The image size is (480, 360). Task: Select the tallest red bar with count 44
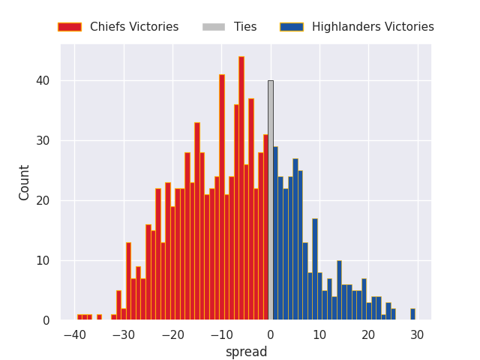241,188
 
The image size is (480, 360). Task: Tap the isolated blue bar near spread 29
412,314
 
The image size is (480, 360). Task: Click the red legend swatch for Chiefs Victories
69,27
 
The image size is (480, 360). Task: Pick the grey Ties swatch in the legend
213,27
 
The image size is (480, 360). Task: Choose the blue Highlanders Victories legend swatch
291,27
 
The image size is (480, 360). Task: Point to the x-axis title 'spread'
246,352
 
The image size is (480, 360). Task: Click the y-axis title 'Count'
25,182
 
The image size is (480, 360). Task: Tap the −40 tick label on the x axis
74,335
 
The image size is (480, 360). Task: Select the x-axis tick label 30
417,335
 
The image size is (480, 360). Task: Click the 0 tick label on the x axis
271,335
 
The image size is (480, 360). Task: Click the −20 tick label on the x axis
172,335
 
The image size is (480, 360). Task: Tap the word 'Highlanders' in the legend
345,27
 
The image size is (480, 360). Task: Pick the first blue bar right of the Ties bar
275,233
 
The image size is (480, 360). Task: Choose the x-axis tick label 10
319,335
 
